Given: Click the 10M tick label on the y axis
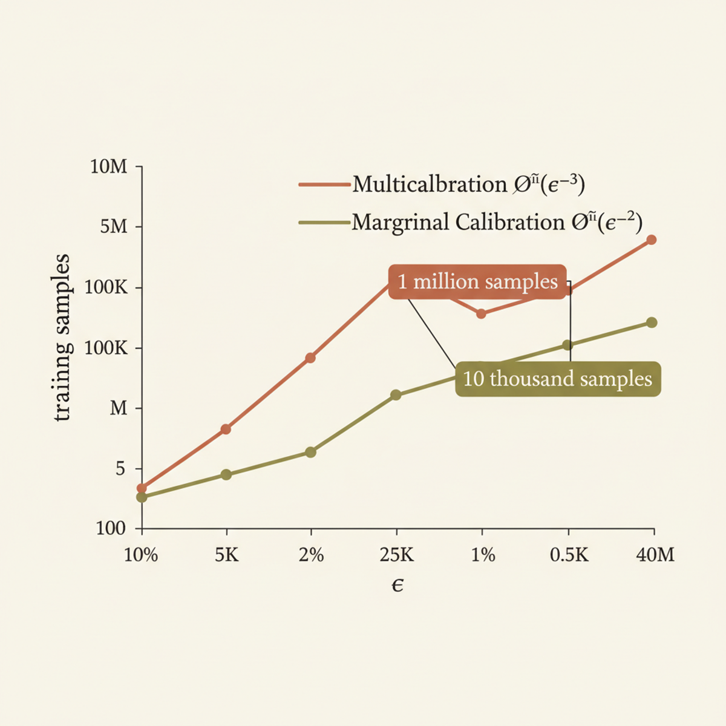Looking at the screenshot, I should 109,166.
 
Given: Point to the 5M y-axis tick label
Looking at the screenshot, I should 114,227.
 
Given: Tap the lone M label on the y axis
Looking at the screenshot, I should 119,408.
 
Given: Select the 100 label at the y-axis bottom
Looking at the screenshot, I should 111,528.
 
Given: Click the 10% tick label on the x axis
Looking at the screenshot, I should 141,555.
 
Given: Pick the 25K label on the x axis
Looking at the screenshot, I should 397,555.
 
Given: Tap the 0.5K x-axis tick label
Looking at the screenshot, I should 569,555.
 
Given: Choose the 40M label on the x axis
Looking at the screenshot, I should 655,555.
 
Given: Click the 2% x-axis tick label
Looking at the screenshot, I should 311,555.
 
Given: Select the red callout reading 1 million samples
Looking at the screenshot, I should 477,282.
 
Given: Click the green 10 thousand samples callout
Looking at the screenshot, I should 557,379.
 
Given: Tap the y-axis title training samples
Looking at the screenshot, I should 62,338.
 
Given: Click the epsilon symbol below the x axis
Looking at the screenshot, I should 397,585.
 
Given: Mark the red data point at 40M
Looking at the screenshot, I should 652,240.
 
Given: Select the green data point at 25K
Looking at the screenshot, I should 396,395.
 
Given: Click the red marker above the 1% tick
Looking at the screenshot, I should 481,313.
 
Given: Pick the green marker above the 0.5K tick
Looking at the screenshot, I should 567,345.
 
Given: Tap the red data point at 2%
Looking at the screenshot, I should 310,358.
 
